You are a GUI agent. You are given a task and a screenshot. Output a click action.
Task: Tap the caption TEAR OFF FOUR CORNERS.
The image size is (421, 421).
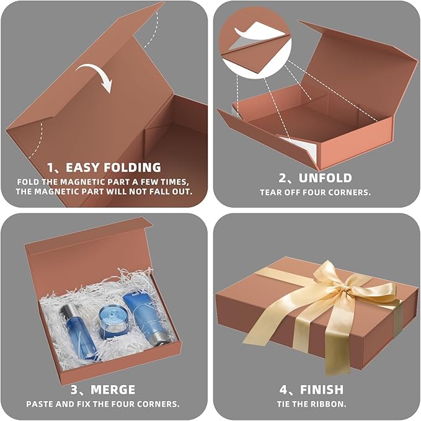pyautogui.click(x=316, y=192)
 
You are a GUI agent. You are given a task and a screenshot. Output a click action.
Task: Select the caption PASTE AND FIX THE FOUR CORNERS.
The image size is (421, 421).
pyautogui.click(x=103, y=404)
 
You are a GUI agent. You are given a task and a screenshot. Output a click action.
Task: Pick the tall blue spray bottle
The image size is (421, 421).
pyautogui.click(x=80, y=329)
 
